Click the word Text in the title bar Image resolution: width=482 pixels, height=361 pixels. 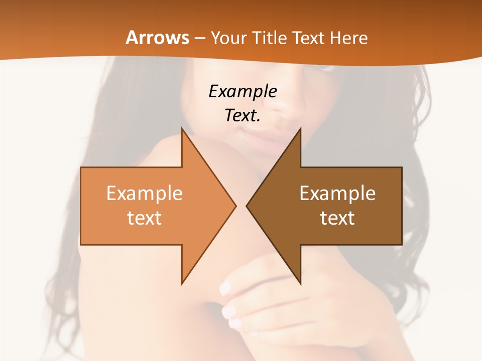point(311,38)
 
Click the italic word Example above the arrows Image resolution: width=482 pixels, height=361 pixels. point(243,92)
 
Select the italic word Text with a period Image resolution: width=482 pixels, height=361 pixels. point(243,116)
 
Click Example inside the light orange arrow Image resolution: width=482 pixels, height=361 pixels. point(145,194)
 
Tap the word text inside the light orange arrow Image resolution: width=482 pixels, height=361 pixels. point(145,218)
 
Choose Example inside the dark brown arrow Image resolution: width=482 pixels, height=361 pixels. point(337,194)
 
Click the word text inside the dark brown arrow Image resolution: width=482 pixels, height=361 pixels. point(337,218)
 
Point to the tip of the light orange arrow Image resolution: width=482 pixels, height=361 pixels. point(235,206)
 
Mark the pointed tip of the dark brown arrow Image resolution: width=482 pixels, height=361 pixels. point(247,206)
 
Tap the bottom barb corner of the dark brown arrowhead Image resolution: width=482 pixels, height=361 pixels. point(300,284)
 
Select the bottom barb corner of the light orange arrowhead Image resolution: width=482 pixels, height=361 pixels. point(182,284)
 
